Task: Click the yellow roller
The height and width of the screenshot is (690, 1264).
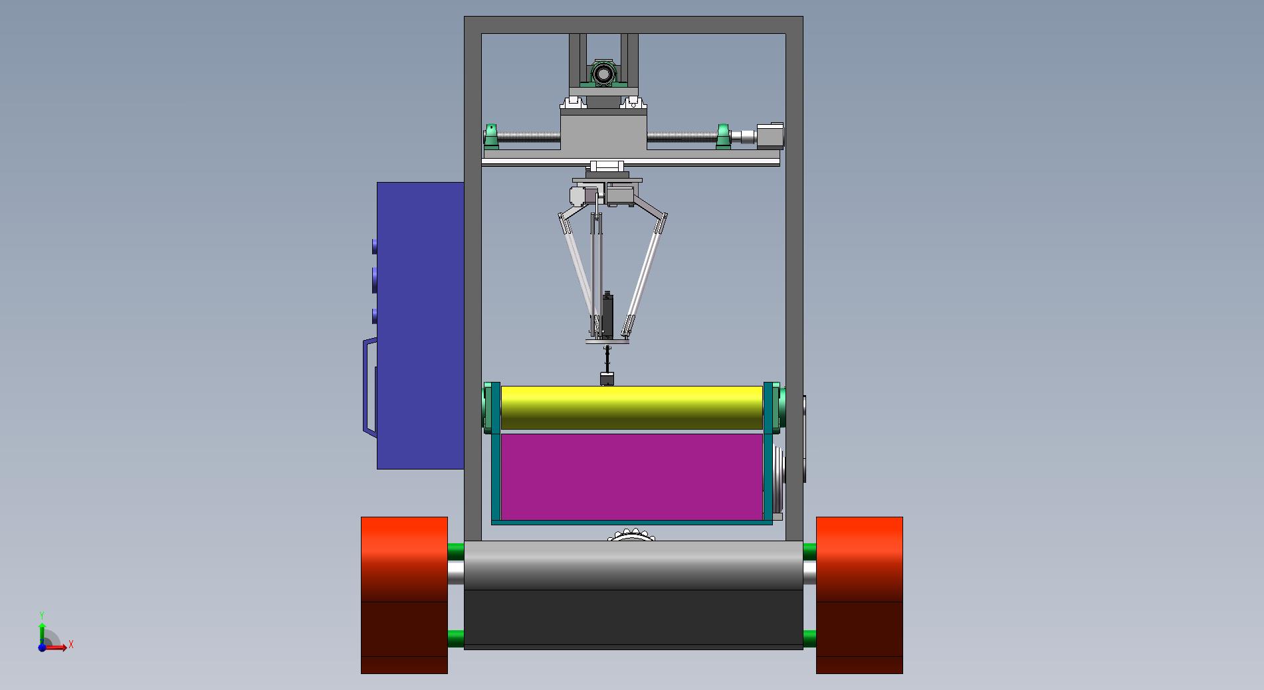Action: point(631,408)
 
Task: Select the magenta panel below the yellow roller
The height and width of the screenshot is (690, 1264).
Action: point(631,477)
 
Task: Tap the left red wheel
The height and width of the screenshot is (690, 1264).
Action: point(404,595)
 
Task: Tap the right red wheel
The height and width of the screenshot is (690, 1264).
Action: point(859,595)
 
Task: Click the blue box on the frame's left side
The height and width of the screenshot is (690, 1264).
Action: point(420,325)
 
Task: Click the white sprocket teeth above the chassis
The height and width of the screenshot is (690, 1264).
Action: point(631,535)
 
